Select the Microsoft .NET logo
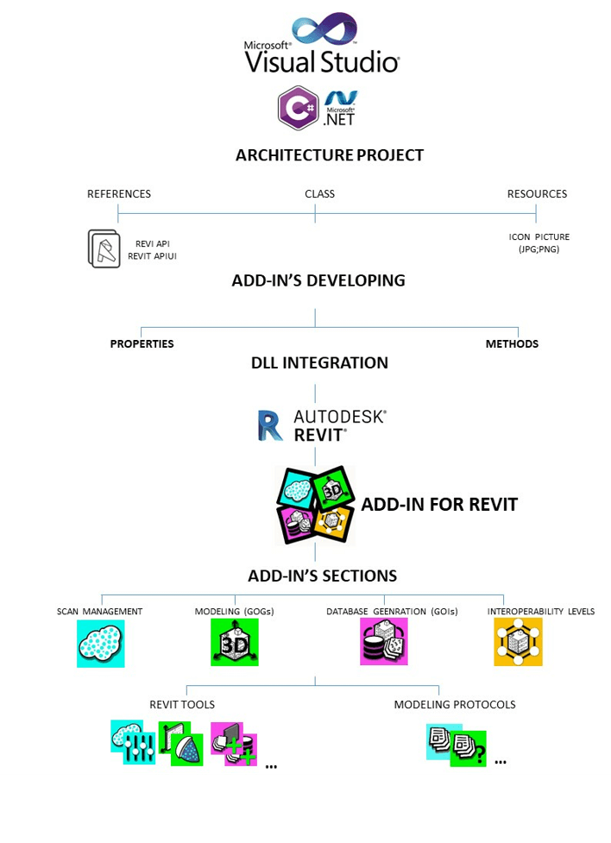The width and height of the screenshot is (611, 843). (x=340, y=108)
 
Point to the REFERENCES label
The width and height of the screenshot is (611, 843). (x=119, y=194)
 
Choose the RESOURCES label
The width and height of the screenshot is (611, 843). (x=537, y=194)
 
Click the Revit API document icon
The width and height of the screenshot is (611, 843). (x=104, y=248)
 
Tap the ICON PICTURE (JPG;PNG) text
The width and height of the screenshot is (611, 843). (x=539, y=242)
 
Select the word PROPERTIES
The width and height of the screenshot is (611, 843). (x=142, y=343)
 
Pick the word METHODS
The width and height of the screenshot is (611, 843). (x=512, y=343)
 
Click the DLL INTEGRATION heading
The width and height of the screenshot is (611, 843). (x=319, y=362)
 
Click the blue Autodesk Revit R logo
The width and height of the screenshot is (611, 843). (x=270, y=426)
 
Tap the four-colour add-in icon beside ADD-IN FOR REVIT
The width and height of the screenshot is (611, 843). (x=314, y=505)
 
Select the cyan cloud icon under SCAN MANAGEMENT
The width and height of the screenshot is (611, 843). (x=100, y=643)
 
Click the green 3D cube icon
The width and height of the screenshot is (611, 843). (x=234, y=643)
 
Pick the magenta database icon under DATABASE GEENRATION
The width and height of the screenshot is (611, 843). (x=383, y=642)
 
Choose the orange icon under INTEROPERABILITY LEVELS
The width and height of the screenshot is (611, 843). (x=518, y=642)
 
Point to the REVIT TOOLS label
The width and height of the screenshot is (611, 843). (x=182, y=705)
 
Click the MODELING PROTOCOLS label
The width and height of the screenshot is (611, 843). (x=455, y=705)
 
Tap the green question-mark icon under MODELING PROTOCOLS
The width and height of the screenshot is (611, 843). (x=469, y=748)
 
